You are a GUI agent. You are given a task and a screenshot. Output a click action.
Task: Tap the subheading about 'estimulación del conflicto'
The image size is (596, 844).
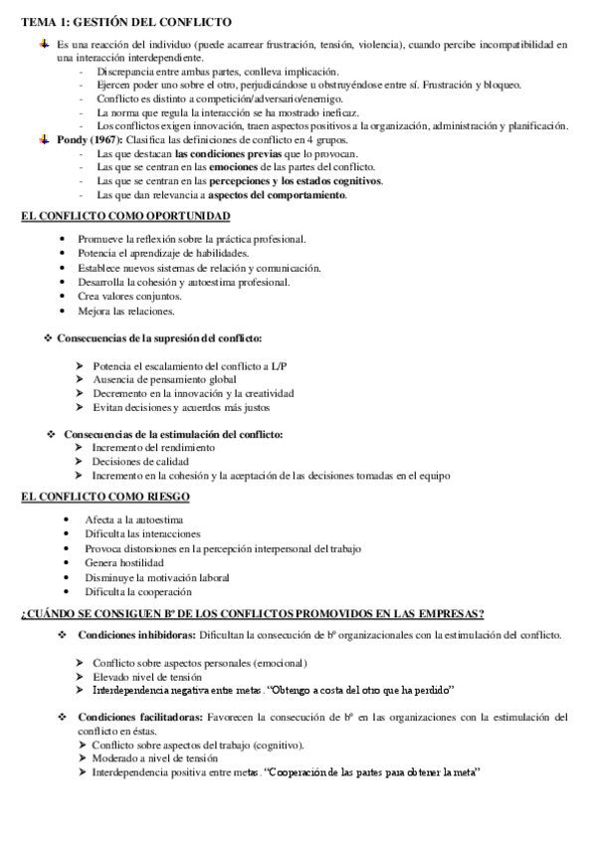click(172, 434)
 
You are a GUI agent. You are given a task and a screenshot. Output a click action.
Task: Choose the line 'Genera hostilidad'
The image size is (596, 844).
click(124, 563)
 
